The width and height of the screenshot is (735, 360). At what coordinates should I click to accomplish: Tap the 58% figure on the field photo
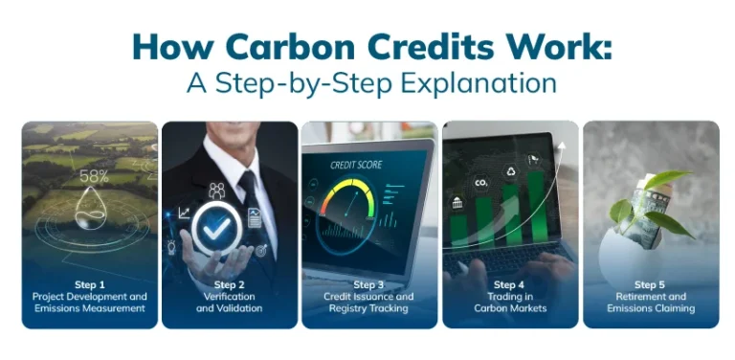(94, 176)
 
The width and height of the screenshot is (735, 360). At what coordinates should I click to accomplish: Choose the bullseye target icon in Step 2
(260, 250)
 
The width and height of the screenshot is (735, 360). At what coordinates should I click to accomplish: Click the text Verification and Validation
(230, 303)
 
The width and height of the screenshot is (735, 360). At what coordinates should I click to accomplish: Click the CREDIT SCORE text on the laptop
(356, 165)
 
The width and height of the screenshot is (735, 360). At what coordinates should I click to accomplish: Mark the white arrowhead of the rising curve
(563, 146)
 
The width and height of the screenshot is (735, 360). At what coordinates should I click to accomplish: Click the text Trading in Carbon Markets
(509, 303)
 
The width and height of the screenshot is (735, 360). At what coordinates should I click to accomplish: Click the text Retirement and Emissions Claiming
(650, 303)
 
